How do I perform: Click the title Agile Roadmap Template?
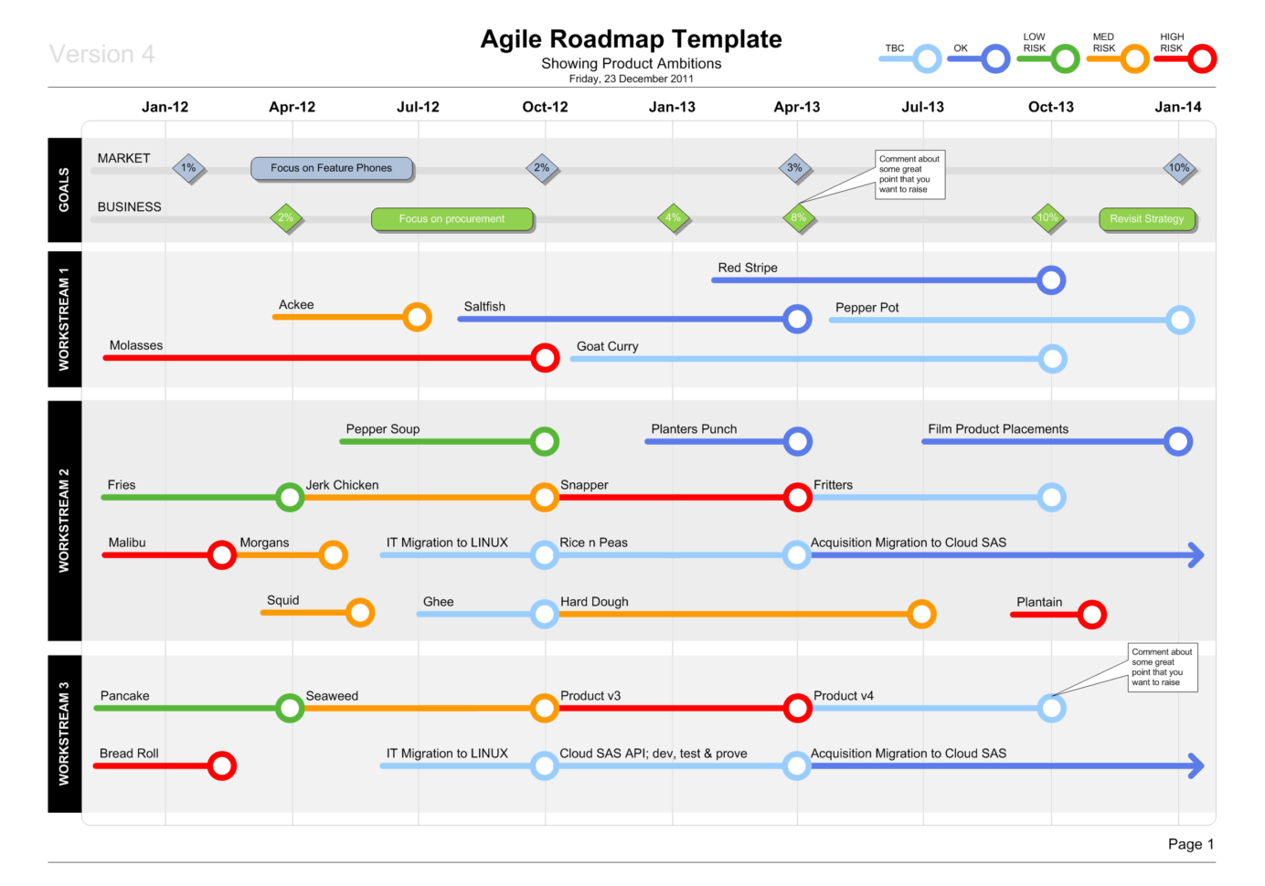click(x=631, y=39)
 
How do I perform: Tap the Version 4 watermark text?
click(x=101, y=55)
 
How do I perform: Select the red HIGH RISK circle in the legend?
click(x=1202, y=59)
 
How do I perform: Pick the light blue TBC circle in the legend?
click(x=927, y=59)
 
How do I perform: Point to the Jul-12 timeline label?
click(x=418, y=107)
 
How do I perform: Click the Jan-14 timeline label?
click(x=1177, y=107)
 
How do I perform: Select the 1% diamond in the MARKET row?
click(x=189, y=168)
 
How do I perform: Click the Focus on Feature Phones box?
click(x=332, y=168)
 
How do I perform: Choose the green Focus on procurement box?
click(x=452, y=219)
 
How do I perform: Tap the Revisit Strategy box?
click(x=1147, y=219)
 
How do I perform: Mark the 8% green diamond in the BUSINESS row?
click(x=798, y=218)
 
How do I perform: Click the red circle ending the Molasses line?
click(x=545, y=358)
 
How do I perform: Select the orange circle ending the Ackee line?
click(x=417, y=317)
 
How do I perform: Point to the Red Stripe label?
click(x=748, y=268)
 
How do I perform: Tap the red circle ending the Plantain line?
click(x=1091, y=615)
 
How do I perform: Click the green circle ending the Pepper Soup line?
click(x=545, y=442)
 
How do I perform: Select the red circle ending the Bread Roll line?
click(x=221, y=765)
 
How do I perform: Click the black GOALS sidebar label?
click(x=64, y=190)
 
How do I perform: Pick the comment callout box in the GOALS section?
click(x=909, y=174)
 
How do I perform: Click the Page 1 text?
click(x=1190, y=844)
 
